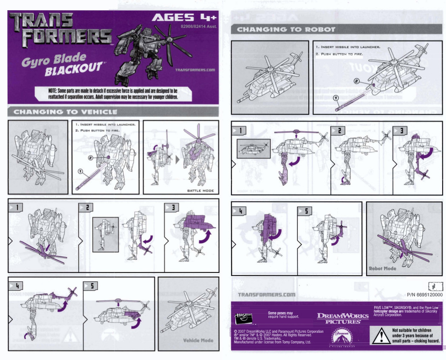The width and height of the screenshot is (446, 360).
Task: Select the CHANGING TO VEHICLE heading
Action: (x=65, y=112)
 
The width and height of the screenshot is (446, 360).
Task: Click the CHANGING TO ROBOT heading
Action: (x=286, y=29)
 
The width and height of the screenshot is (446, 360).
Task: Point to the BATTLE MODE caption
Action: (x=200, y=190)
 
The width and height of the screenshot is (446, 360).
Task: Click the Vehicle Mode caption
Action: (x=198, y=340)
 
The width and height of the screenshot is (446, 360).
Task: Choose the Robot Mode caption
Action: (x=382, y=269)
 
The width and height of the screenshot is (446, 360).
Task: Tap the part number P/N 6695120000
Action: (x=424, y=294)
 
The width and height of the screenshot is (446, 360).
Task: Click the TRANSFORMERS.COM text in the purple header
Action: (x=195, y=70)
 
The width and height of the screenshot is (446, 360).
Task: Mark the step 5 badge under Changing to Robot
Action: (x=305, y=210)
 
